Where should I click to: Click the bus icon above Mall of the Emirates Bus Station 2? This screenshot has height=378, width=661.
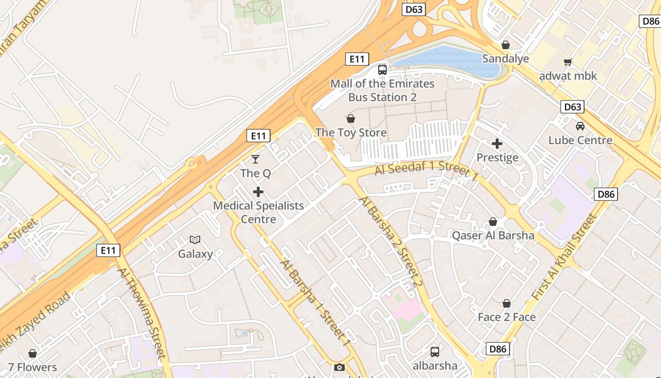[x=382, y=70]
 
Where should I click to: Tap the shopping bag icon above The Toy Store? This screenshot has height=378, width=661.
[x=350, y=119]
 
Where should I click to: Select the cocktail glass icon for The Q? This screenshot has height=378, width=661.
[x=255, y=159]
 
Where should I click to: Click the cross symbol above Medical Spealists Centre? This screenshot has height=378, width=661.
[x=258, y=192]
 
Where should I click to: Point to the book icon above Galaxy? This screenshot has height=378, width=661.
[x=195, y=240]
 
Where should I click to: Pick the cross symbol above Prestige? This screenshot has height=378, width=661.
[x=497, y=144]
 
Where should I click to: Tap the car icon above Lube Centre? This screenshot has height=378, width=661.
[x=580, y=126]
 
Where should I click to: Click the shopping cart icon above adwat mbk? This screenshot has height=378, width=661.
[x=568, y=62]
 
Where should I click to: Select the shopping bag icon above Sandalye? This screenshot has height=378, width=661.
[x=506, y=45]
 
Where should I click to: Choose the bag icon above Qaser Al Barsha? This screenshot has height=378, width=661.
[x=493, y=222]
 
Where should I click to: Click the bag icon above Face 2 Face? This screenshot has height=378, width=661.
[x=507, y=303]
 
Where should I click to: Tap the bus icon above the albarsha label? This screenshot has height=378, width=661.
[x=434, y=352]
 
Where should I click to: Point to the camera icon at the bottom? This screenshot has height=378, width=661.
[x=339, y=367]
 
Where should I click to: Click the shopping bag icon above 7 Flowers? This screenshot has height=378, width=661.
[x=33, y=353]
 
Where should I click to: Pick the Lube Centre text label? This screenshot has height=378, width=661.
[x=580, y=140]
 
